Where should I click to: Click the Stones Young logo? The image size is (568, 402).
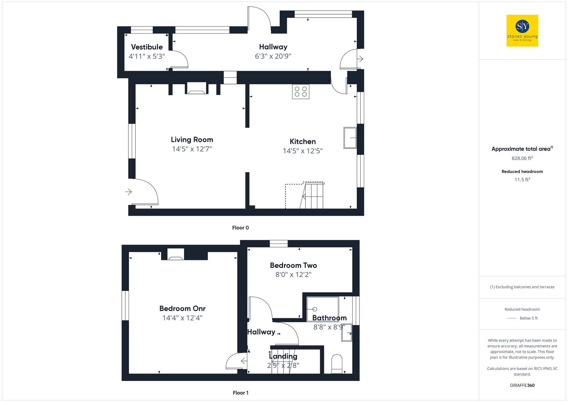coord(522,31)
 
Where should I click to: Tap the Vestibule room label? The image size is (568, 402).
coord(147,47)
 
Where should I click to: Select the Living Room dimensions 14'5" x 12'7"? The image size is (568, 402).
coord(192,149)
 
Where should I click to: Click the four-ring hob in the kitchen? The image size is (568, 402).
coord(300,92)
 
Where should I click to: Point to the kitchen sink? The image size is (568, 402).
coord(350,138)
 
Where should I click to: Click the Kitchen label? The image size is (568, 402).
coord(302,141)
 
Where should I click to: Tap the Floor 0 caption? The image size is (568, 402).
coord(240,228)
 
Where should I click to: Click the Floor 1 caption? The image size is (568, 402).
coord(240,393)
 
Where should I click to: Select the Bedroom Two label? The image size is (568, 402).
coord(293,265)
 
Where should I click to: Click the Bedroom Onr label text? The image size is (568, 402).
coord(182,309)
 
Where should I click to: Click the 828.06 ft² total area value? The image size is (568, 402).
coord(522,158)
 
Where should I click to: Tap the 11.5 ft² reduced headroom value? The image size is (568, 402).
coord(522,180)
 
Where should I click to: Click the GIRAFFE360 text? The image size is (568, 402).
coord(522,385)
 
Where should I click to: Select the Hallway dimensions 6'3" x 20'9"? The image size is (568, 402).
coord(273,56)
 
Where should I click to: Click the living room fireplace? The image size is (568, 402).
coord(197,89)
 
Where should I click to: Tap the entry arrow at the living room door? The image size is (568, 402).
coord(129,192)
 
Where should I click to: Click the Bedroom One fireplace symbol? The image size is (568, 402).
coord(176,255)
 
